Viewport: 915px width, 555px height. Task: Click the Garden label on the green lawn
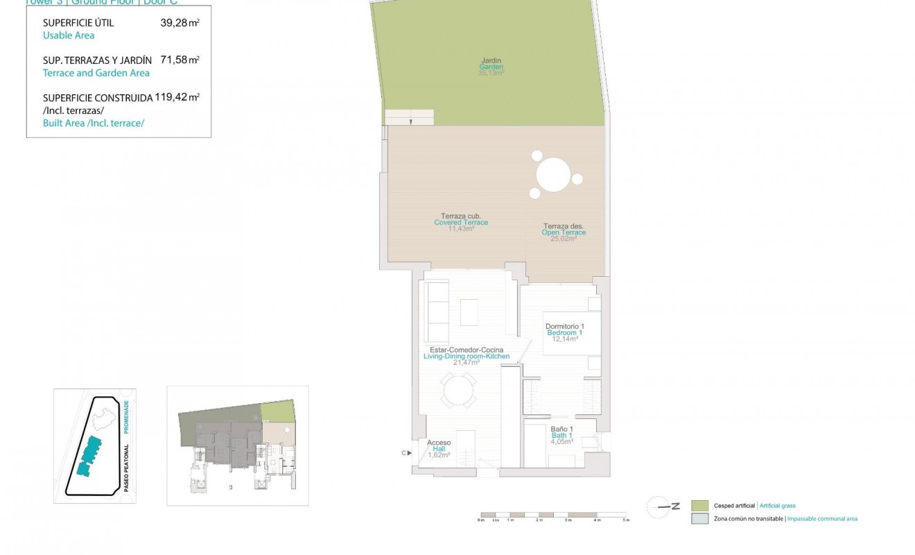click(491, 67)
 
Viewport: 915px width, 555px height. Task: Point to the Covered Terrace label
click(461, 222)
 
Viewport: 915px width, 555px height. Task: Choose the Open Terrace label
click(564, 232)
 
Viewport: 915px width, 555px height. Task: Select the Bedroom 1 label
click(564, 333)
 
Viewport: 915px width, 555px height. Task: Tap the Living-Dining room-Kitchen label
click(467, 356)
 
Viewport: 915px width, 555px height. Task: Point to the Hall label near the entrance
click(439, 449)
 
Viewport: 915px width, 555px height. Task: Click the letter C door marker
click(403, 454)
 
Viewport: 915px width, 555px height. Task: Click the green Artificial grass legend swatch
click(700, 506)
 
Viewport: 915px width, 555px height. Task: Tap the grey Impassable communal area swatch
click(700, 519)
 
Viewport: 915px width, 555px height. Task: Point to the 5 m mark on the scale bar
click(625, 520)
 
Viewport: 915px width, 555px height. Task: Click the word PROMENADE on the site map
click(127, 416)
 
